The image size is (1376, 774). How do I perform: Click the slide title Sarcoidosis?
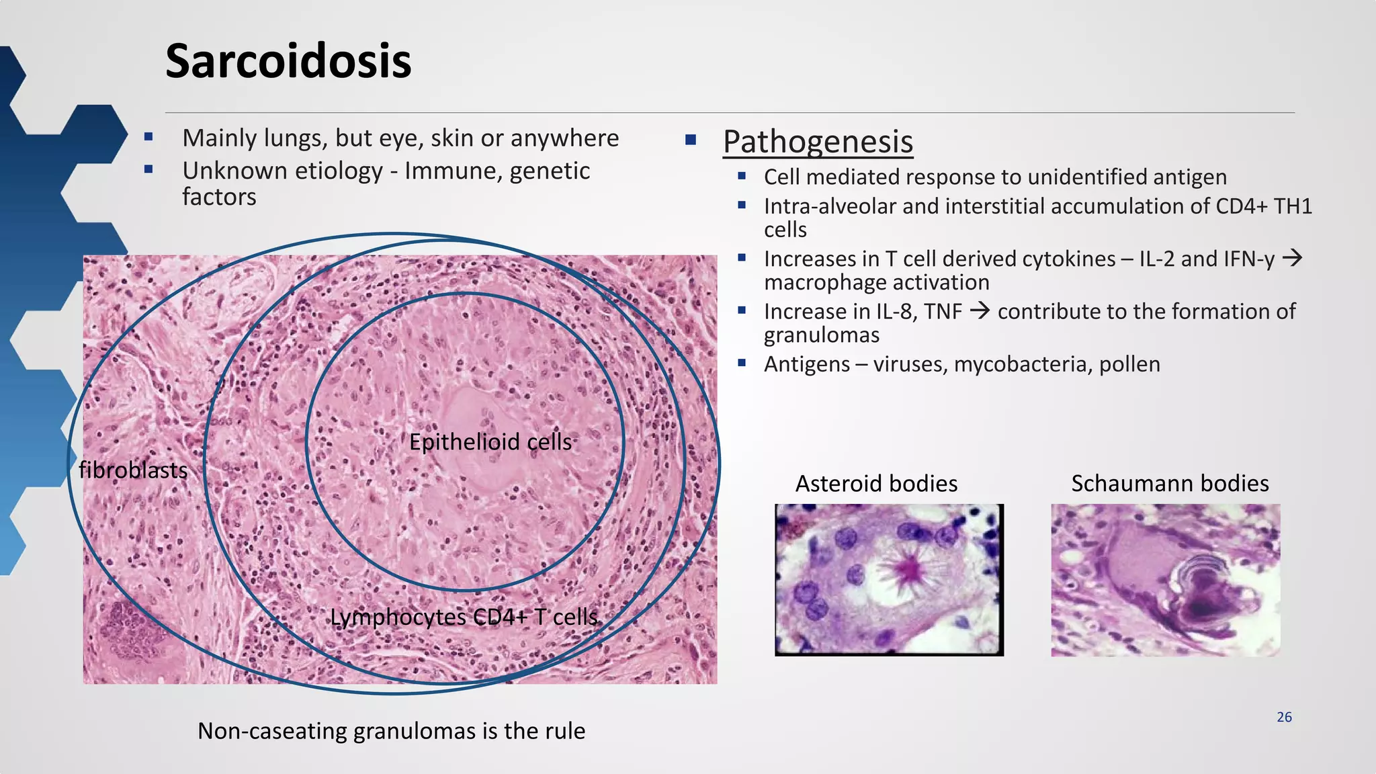(288, 61)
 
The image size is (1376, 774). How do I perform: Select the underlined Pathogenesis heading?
(818, 142)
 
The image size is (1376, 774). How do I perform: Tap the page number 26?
(1284, 717)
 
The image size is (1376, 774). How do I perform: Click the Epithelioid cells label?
(490, 442)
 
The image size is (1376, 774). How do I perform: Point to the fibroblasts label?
(133, 470)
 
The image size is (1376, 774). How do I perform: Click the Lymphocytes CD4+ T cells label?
(464, 617)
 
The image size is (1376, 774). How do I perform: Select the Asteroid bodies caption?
(876, 483)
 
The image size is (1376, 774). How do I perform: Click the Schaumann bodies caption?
(1170, 483)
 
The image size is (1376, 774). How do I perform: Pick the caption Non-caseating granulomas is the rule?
(391, 730)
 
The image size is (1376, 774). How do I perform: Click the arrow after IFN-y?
(1292, 257)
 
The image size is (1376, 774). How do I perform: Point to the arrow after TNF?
(980, 310)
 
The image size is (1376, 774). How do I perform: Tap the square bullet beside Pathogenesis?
(690, 140)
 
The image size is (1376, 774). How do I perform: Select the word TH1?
(1293, 206)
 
